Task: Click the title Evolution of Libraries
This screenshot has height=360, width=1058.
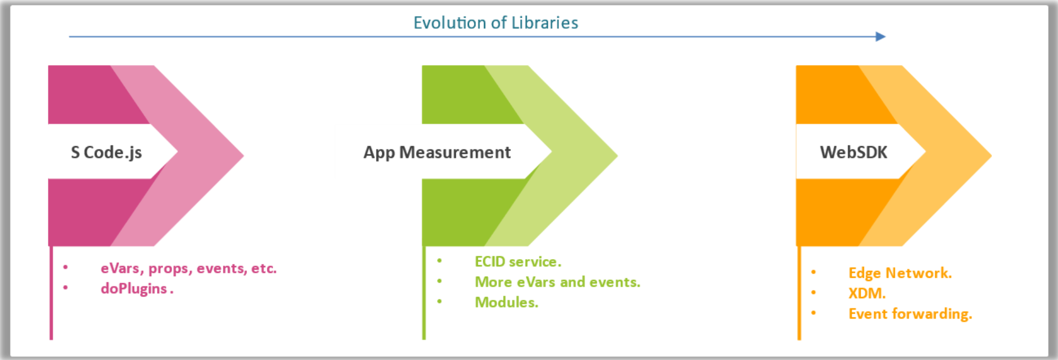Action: (495, 23)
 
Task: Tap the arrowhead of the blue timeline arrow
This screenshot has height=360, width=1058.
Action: (880, 36)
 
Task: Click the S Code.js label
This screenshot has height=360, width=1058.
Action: (106, 152)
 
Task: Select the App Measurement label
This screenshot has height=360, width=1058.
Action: (437, 152)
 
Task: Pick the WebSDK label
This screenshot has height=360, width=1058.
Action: (854, 152)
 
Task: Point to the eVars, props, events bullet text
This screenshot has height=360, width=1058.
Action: (188, 268)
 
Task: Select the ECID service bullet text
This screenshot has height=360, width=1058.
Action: (518, 262)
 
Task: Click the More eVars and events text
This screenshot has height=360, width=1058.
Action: (557, 282)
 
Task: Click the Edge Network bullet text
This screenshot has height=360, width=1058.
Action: (900, 273)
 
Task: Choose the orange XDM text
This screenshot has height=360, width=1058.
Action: (867, 293)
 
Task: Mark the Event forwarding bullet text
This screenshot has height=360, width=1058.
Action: (910, 314)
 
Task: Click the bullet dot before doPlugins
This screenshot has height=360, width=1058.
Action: (66, 287)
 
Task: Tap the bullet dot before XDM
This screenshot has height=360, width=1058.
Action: (813, 292)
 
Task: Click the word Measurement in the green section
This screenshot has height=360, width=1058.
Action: (455, 152)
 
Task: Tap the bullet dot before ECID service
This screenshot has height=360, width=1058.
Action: (439, 261)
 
